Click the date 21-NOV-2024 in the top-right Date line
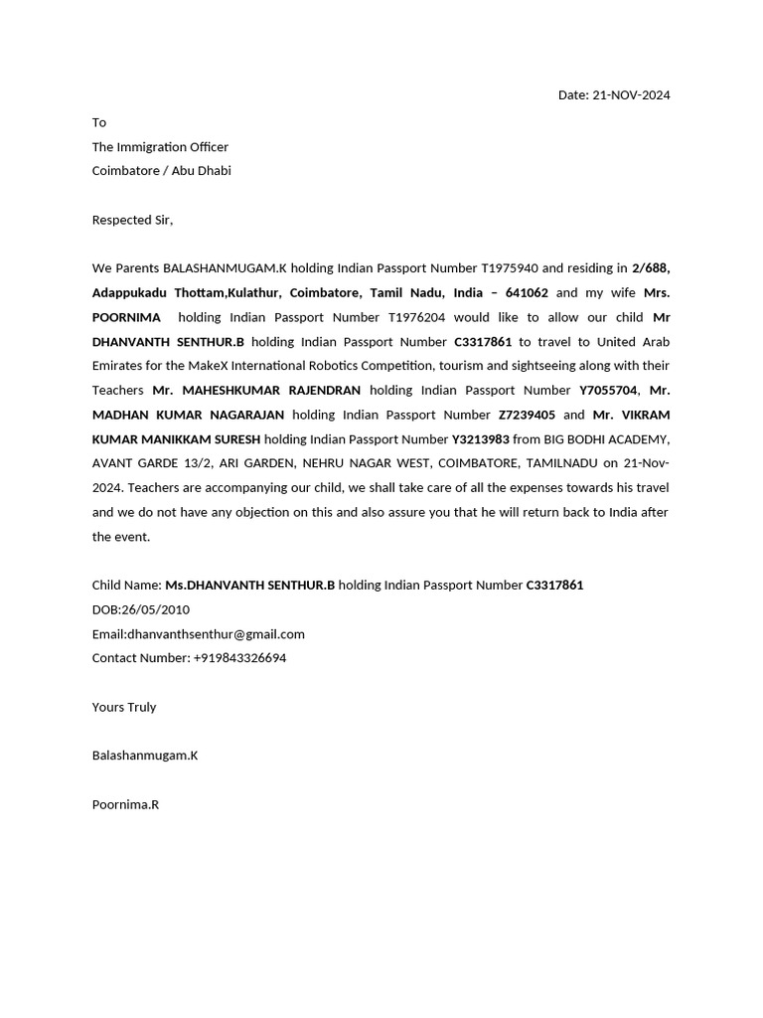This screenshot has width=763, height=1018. [631, 95]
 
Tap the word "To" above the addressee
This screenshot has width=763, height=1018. [99, 122]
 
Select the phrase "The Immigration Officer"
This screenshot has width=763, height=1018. [160, 147]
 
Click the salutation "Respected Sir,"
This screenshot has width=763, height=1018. [132, 220]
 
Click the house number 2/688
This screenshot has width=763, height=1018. [650, 268]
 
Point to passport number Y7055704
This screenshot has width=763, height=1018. [608, 391]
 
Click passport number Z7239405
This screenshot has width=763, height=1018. [527, 415]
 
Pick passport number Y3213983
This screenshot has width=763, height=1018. [481, 439]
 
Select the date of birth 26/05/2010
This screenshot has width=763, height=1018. [156, 609]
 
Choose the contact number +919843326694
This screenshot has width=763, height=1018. [239, 658]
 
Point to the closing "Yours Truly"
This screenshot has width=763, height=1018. [124, 707]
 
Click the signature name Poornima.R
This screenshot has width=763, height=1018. [125, 804]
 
